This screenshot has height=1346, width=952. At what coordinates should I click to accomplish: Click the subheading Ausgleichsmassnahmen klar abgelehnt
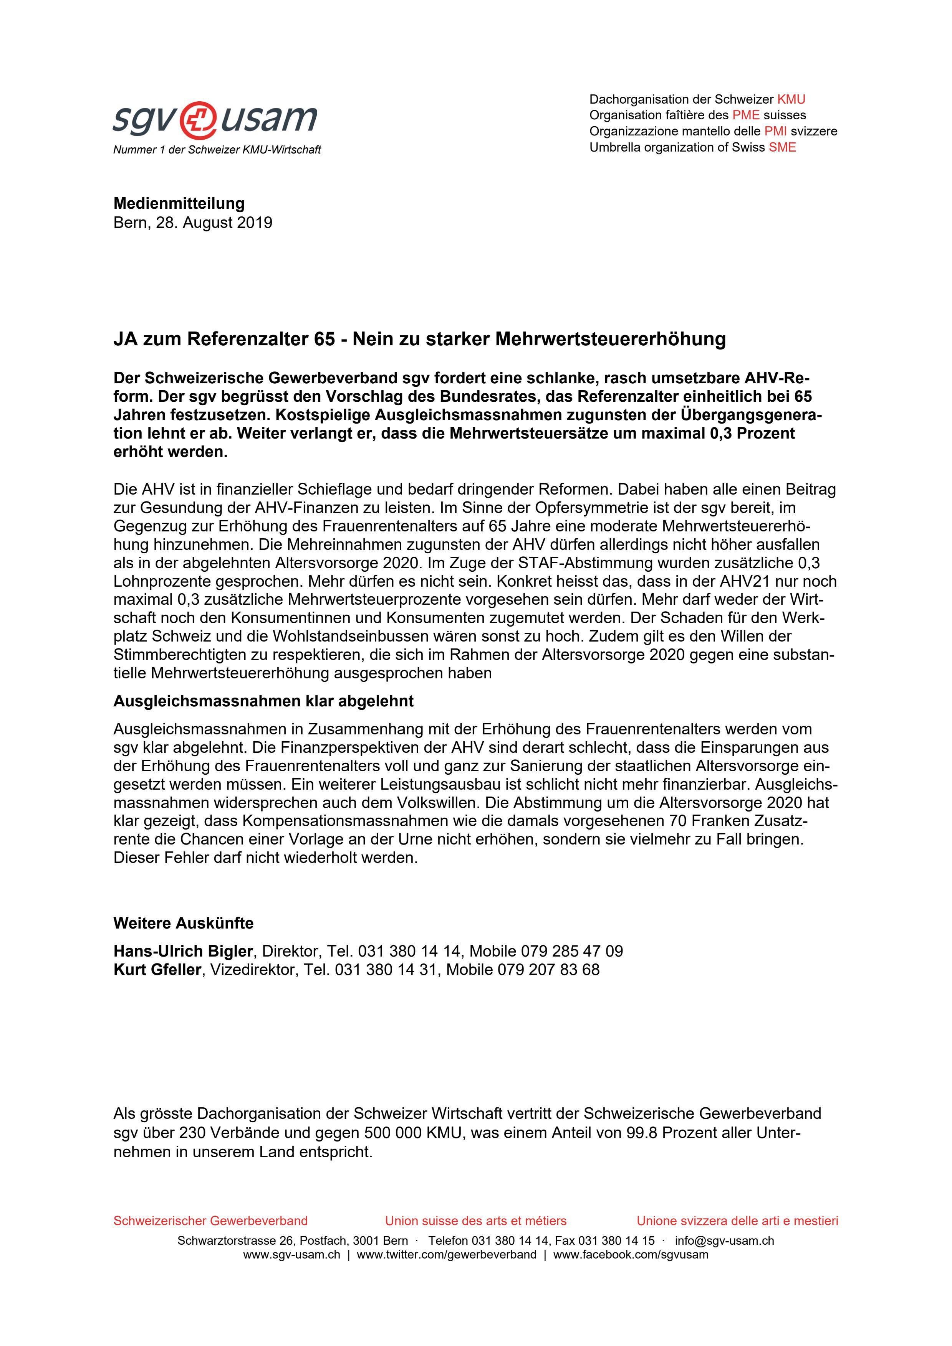pyautogui.click(x=263, y=701)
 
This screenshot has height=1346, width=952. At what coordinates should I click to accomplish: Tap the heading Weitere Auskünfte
pyautogui.click(x=183, y=923)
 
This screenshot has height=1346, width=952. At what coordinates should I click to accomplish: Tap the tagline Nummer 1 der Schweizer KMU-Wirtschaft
pyautogui.click(x=217, y=150)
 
